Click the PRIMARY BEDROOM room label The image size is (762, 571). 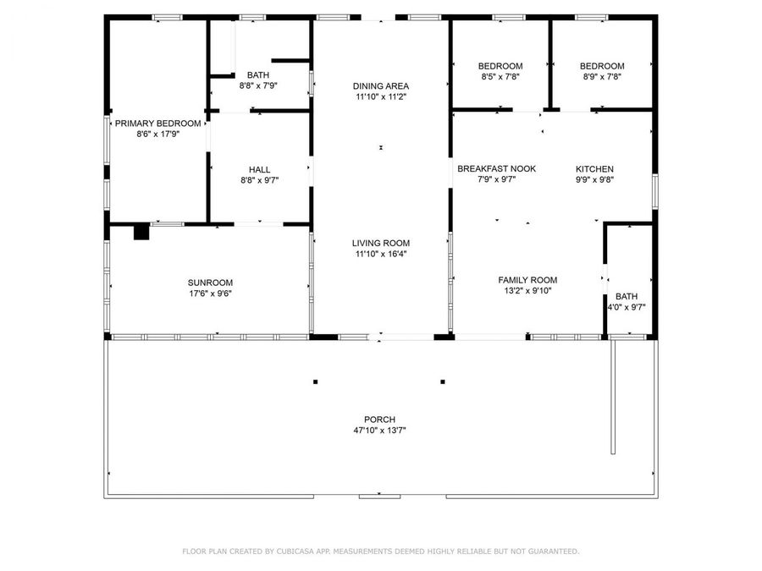click(158, 124)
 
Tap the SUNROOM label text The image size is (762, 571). click(210, 283)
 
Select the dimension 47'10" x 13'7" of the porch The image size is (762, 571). click(380, 431)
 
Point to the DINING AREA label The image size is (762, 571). click(381, 85)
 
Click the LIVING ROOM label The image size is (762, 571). click(381, 243)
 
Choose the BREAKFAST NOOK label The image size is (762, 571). click(496, 168)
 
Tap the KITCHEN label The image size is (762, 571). click(594, 169)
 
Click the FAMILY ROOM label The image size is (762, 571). click(527, 280)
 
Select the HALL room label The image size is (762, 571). click(259, 169)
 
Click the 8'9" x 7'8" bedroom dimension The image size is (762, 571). click(601, 76)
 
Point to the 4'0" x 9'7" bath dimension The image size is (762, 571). click(627, 307)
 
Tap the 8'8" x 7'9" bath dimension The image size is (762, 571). click(258, 85)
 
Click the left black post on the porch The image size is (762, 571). click(316, 382)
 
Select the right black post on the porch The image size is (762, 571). click(443, 382)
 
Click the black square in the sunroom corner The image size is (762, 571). click(141, 232)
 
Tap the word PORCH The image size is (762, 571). click(380, 420)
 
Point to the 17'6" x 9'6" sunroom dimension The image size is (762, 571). click(210, 294)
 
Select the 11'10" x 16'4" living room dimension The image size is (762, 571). click(381, 254)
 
